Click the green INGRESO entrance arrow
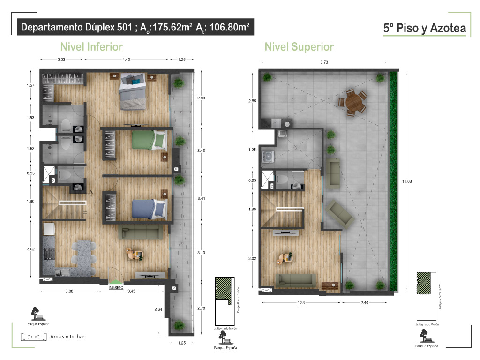click(x=116, y=282)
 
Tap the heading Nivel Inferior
click(x=91, y=47)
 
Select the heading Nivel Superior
click(x=299, y=47)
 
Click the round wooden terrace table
click(x=353, y=102)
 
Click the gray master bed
click(x=132, y=91)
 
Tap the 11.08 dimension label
click(x=407, y=181)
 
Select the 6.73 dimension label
click(x=324, y=62)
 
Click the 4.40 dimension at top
click(x=126, y=60)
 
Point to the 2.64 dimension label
click(x=158, y=309)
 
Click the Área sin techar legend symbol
click(x=33, y=337)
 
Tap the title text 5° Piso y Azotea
click(x=425, y=28)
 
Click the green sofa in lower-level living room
click(x=141, y=232)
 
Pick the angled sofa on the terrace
click(x=340, y=214)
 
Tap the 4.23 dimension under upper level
click(x=300, y=303)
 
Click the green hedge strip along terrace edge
click(x=393, y=181)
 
